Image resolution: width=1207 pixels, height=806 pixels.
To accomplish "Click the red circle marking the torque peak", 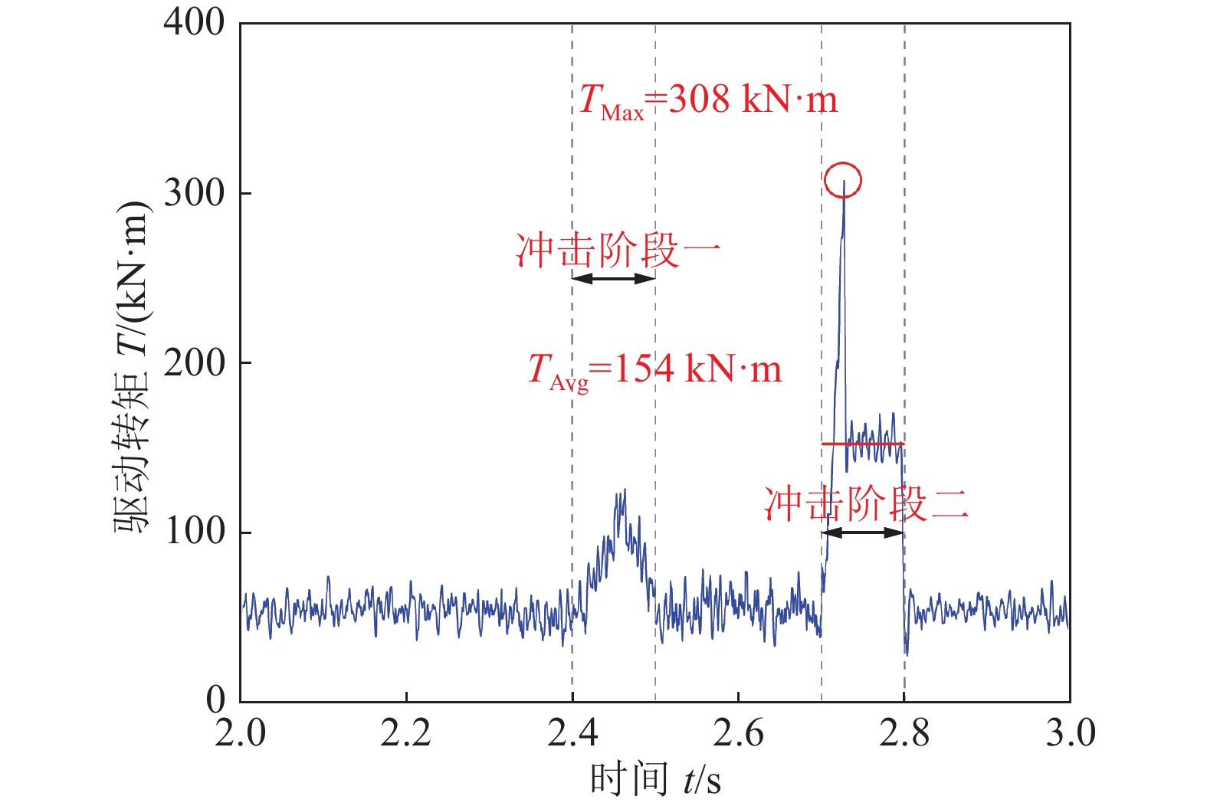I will (x=843, y=181).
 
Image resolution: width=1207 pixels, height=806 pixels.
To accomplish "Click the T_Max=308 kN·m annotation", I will (x=707, y=100).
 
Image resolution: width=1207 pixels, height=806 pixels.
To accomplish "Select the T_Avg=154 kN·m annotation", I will (x=654, y=371).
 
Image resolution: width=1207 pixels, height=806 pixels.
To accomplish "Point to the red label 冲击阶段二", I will (x=866, y=504).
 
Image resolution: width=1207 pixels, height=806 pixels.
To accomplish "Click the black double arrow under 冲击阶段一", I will (x=614, y=279).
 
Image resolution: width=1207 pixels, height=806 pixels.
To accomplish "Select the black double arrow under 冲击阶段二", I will (x=863, y=532).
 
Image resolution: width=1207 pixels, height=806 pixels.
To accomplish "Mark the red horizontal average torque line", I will (x=863, y=444).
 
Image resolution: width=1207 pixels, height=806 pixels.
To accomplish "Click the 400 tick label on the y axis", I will (x=195, y=23).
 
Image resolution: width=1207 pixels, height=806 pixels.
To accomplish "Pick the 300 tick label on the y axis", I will (x=195, y=193).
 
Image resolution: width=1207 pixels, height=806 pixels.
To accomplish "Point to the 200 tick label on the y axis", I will (x=195, y=362).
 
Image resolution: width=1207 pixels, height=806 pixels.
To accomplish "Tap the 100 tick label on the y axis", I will (x=195, y=532).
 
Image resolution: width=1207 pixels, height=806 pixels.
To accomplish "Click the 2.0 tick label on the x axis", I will (x=241, y=733).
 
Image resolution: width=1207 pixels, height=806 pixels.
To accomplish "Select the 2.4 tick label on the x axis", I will (x=572, y=733).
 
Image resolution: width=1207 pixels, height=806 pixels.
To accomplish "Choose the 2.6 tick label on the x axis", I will (x=738, y=733).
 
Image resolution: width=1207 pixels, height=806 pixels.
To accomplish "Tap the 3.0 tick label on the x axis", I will (x=1070, y=733).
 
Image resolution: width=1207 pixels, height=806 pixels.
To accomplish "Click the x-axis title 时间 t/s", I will (x=655, y=780).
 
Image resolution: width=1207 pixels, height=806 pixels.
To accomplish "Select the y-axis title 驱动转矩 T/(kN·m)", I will (x=131, y=368).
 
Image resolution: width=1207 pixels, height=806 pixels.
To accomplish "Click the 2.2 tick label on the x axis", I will (x=406, y=733).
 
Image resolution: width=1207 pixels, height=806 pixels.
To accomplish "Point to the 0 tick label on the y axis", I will (x=216, y=700).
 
